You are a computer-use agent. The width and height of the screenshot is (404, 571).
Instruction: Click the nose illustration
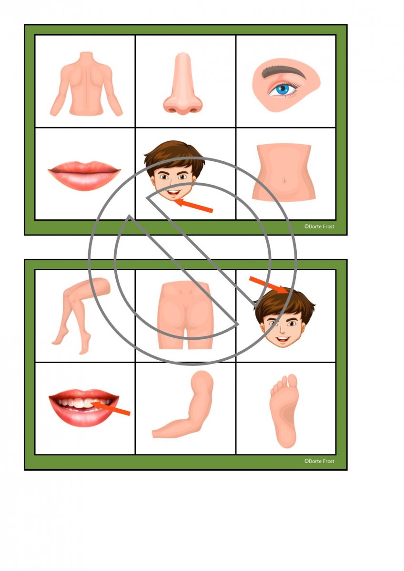pyautogui.click(x=183, y=84)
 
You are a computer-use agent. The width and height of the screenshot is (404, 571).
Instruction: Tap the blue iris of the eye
pyautogui.click(x=283, y=89)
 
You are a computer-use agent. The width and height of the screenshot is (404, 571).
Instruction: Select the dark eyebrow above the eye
pyautogui.click(x=283, y=72)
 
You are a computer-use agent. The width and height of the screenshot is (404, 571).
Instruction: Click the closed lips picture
pyautogui.click(x=84, y=176)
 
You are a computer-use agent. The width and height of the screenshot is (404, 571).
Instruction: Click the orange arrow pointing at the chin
pyautogui.click(x=193, y=206)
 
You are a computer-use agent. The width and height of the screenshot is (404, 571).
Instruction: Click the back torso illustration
pyautogui.click(x=86, y=84)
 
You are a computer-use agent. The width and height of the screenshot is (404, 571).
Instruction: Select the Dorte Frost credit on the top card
pyautogui.click(x=319, y=226)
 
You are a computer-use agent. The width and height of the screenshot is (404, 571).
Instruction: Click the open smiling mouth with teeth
pyautogui.click(x=84, y=407)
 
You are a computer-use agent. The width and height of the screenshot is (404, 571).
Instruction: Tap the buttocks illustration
pyautogui.click(x=185, y=315)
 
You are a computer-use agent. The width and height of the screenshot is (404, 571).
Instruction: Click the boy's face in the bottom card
pyautogui.click(x=284, y=319)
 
